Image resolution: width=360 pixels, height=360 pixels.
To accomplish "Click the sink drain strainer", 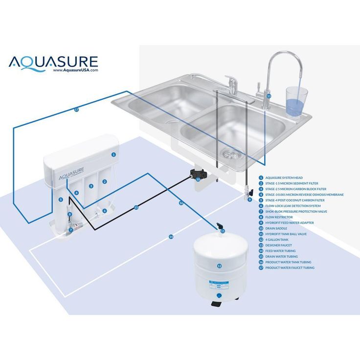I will (x=231, y=154).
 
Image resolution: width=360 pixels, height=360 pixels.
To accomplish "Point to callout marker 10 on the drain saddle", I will (x=198, y=180).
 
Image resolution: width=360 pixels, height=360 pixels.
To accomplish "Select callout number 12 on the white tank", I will (x=219, y=266).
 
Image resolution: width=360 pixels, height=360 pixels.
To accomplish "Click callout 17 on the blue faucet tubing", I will (x=76, y=110).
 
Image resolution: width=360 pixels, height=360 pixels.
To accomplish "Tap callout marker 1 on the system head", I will (x=113, y=155).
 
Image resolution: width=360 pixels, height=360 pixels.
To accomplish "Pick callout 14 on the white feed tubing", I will (x=171, y=237).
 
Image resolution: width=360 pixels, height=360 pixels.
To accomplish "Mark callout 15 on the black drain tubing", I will (x=136, y=207).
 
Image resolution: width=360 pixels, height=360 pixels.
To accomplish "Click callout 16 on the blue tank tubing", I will (x=181, y=203).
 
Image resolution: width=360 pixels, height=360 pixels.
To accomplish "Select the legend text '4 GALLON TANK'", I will (x=277, y=240).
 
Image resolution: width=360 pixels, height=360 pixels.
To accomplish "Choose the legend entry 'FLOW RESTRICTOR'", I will (x=279, y=217).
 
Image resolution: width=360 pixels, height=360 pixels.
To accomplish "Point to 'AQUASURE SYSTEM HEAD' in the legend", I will (x=284, y=178).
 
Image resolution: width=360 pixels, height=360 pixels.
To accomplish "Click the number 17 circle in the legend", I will (x=261, y=268).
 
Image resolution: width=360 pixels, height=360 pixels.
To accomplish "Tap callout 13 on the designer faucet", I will (x=269, y=96).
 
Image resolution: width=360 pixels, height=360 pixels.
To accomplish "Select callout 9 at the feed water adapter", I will (x=249, y=200).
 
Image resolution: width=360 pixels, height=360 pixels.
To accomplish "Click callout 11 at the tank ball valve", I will (x=223, y=230).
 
